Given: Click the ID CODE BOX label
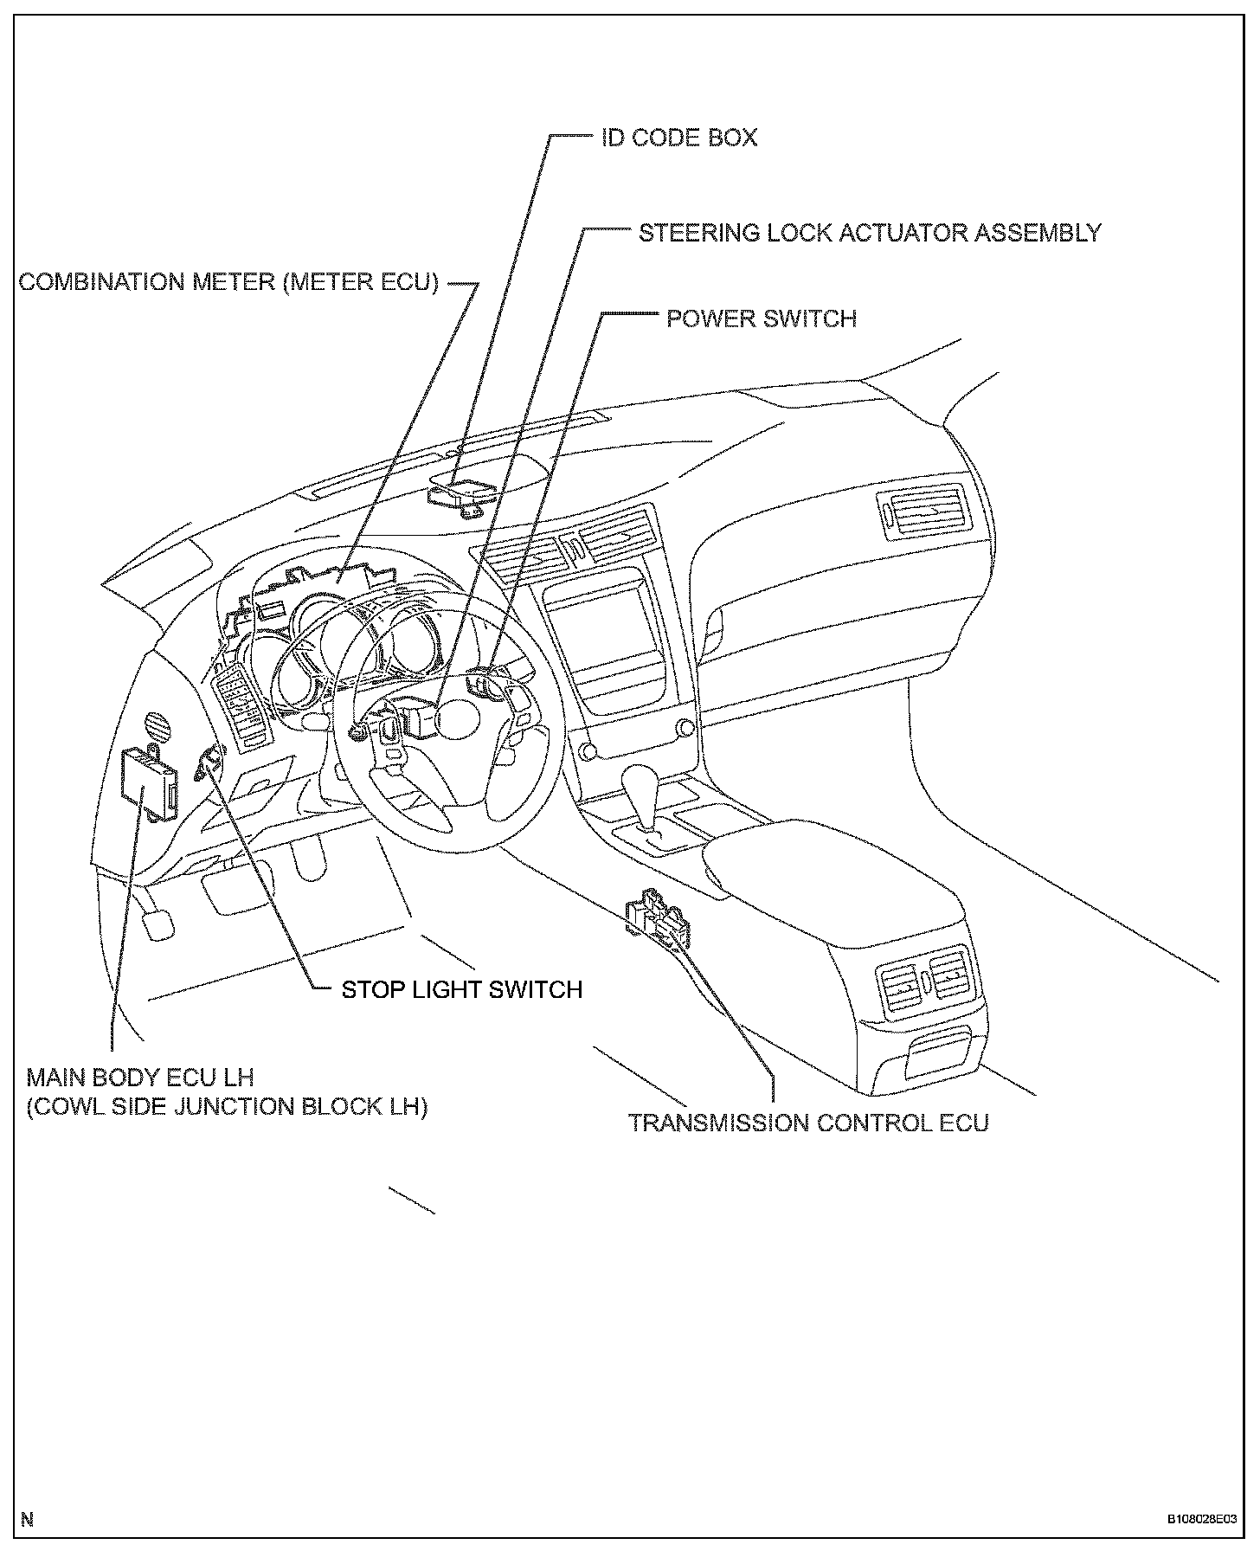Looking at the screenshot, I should [x=679, y=138].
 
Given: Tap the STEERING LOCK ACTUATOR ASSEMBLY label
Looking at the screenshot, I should [x=870, y=233].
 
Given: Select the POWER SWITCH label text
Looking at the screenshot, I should [x=761, y=319].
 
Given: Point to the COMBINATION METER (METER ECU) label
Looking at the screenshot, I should [x=229, y=282].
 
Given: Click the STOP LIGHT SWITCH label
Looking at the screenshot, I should [x=462, y=989].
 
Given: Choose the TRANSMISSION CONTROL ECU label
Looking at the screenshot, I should [x=808, y=1123].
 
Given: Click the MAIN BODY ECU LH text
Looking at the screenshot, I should [x=140, y=1078].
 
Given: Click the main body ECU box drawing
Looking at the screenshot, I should [x=149, y=781].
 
